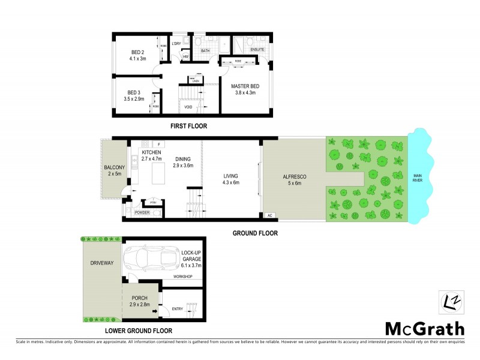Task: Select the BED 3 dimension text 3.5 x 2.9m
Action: pyautogui.click(x=134, y=98)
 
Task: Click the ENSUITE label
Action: pyautogui.click(x=258, y=49)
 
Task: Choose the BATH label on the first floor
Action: pyautogui.click(x=205, y=52)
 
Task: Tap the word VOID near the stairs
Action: pyautogui.click(x=188, y=107)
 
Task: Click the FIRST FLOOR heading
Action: pyautogui.click(x=189, y=126)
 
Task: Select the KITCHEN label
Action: pyautogui.click(x=152, y=153)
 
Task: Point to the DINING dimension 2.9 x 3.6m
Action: pyautogui.click(x=184, y=166)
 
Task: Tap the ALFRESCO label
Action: pyautogui.click(x=295, y=177)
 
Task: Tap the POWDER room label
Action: pyautogui.click(x=142, y=212)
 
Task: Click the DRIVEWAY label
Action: pyautogui.click(x=97, y=263)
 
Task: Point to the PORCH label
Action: pyautogui.click(x=139, y=298)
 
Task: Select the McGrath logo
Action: pyautogui.click(x=424, y=328)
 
